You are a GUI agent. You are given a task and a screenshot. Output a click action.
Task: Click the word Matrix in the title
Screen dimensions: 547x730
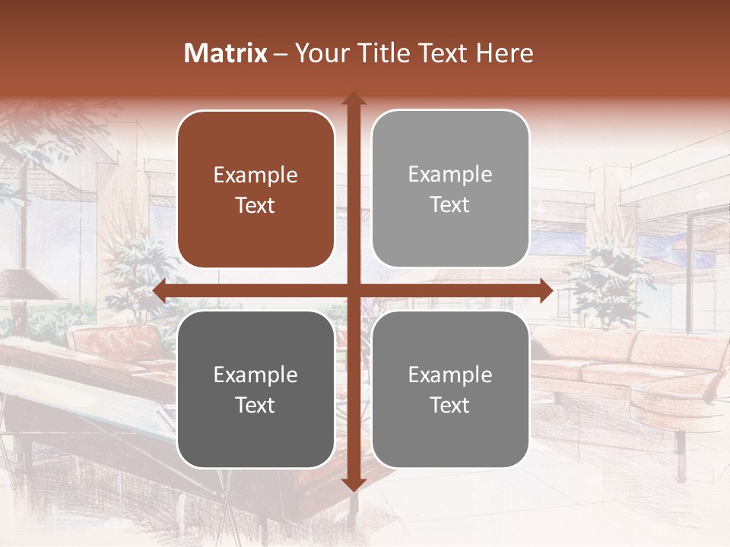[226, 53]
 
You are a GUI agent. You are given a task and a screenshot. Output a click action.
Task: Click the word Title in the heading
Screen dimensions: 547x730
[381, 53]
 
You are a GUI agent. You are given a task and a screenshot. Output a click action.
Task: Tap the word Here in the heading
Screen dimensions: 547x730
[504, 53]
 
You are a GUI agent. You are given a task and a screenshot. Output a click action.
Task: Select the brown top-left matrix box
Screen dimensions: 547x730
[255, 189]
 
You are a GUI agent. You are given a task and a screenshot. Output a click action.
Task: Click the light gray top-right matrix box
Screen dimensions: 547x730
[450, 189]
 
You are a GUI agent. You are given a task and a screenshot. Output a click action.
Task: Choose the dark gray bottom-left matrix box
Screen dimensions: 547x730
[255, 389]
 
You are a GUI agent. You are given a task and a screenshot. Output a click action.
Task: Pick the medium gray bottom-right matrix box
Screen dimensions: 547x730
[450, 389]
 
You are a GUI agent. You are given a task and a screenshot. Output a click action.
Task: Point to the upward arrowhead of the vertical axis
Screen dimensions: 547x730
[353, 99]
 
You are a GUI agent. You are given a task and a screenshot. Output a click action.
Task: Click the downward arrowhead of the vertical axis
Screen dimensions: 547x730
[353, 484]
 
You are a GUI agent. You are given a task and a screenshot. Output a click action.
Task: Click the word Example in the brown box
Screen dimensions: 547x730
[255, 175]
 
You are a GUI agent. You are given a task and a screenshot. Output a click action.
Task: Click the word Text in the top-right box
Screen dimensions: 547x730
[450, 205]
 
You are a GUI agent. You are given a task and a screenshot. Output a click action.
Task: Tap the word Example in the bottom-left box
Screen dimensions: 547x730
[255, 375]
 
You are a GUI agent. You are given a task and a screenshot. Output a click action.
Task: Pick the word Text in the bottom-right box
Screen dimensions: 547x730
[450, 405]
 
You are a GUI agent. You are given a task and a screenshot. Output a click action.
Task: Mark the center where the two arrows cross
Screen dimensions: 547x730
[353, 290]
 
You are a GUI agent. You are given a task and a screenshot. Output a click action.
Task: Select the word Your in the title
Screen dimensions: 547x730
[320, 53]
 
